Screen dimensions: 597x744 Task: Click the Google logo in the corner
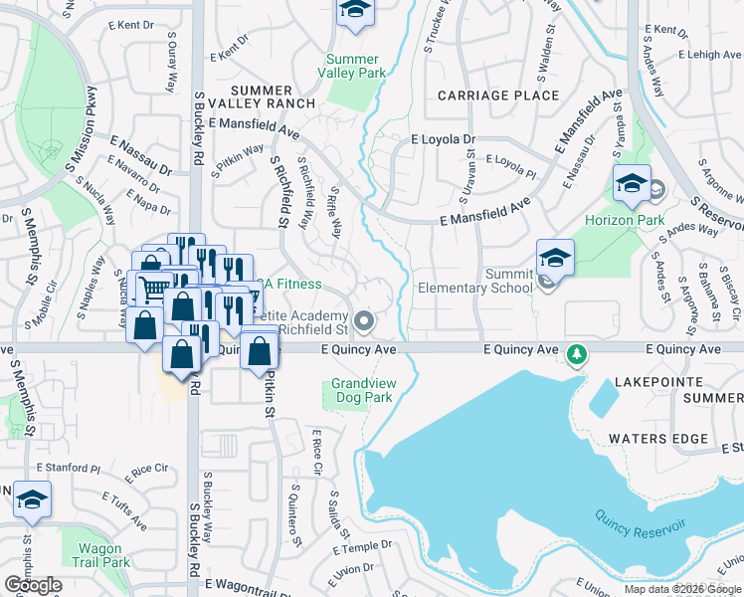click(x=33, y=585)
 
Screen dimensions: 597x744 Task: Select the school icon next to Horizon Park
click(x=631, y=185)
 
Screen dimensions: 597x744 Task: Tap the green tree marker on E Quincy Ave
click(x=575, y=353)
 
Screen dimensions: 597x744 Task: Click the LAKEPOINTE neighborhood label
click(x=651, y=380)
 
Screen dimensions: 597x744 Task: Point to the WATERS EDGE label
click(x=657, y=438)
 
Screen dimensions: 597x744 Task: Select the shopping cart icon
click(x=154, y=290)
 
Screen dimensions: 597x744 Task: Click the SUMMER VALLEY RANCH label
click(x=261, y=97)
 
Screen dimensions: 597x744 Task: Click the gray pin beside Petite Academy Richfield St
click(x=365, y=320)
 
